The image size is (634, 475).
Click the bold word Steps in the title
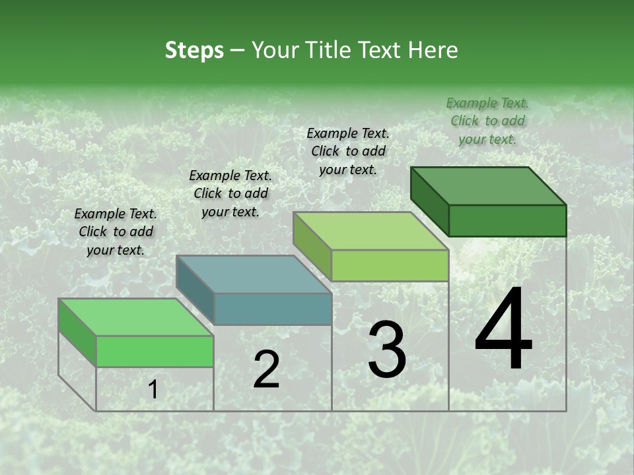(x=194, y=50)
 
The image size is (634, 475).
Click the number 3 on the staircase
(x=387, y=350)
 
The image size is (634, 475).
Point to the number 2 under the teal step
(x=266, y=369)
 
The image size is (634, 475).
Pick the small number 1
(x=153, y=390)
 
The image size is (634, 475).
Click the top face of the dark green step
(x=489, y=186)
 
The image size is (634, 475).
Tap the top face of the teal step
(x=254, y=274)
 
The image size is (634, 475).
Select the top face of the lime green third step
(x=371, y=231)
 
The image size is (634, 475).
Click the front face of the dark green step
(x=507, y=220)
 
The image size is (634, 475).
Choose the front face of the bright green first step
(x=155, y=351)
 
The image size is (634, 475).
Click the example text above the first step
(x=116, y=232)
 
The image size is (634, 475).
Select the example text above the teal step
(x=230, y=193)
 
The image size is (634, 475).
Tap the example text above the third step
(x=348, y=151)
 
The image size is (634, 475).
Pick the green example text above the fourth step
(x=487, y=121)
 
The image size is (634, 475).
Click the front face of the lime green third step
(x=390, y=266)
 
